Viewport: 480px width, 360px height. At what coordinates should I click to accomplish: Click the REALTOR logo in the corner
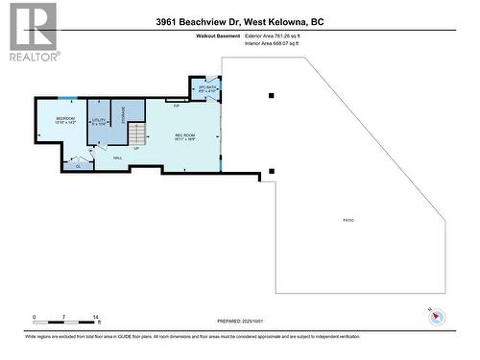(x=33, y=32)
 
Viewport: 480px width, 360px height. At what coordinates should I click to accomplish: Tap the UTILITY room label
(x=98, y=122)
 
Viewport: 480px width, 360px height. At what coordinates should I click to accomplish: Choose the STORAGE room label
(x=122, y=112)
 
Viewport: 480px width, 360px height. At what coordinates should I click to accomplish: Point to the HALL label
(x=117, y=157)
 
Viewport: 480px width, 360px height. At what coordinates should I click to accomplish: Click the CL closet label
(x=77, y=165)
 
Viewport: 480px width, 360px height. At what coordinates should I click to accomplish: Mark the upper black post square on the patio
(x=272, y=95)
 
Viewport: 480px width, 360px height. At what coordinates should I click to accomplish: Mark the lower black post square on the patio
(x=272, y=172)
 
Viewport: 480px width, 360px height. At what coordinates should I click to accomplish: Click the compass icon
(x=436, y=317)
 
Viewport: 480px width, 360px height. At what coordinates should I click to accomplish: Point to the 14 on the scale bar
(x=96, y=317)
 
